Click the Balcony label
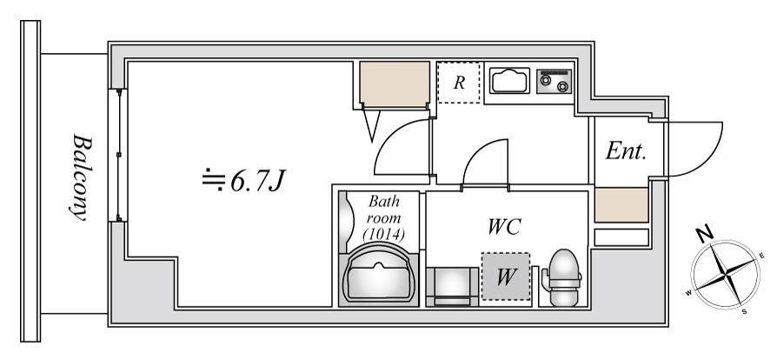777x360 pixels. (80, 177)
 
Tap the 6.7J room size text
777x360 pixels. (244, 181)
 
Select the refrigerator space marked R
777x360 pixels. (459, 83)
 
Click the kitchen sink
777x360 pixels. (509, 80)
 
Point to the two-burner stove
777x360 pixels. (554, 81)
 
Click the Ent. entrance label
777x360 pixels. (626, 150)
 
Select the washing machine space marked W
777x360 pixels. (506, 277)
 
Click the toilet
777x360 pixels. (562, 277)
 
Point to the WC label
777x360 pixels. (504, 227)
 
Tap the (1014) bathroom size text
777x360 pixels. (383, 233)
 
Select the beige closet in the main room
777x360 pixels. (395, 83)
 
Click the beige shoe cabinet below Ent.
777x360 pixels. (621, 205)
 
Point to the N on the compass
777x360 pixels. (705, 233)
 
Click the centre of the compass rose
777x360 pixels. (726, 275)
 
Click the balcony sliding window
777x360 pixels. (118, 155)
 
